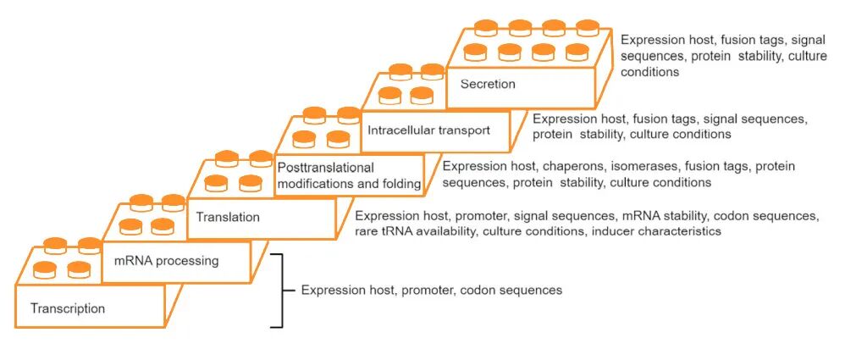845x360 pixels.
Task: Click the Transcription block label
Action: [68, 308]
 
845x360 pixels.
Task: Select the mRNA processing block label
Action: [166, 261]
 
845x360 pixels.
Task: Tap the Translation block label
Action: [228, 217]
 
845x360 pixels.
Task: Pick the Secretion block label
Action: [488, 84]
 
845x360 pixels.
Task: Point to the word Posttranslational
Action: [326, 168]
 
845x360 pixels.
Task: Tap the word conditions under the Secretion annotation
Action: [650, 72]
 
